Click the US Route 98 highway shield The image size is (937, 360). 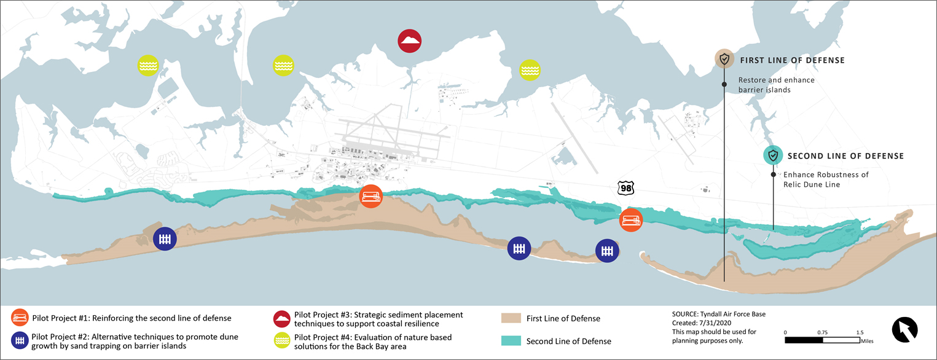point(626,189)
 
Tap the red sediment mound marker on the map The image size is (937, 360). point(409,42)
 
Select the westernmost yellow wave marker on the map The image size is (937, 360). point(147,65)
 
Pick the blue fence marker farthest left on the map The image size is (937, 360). point(164,239)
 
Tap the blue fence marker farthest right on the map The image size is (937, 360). point(607,251)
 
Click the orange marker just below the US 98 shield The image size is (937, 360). point(631,220)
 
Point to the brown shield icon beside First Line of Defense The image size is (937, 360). point(724,60)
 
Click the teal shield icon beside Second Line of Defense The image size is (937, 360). point(773,155)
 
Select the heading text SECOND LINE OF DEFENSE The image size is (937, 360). point(845,156)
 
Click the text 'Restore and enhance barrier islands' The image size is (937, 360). point(776,85)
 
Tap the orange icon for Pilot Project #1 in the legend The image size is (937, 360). point(19,318)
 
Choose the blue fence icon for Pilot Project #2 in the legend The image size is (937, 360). point(19,341)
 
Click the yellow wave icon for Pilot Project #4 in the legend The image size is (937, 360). point(282,341)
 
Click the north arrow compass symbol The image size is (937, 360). point(904,329)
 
